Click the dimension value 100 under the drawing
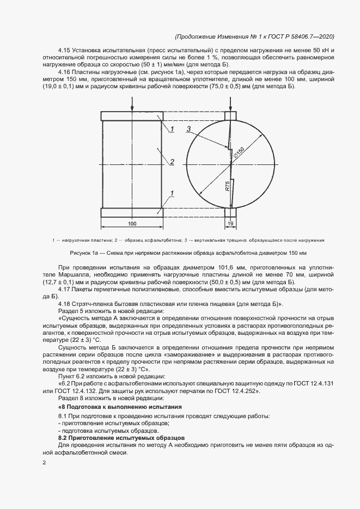(x=132, y=224)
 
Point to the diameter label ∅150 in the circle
(x=239, y=154)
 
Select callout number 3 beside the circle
(x=188, y=129)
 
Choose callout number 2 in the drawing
(x=172, y=162)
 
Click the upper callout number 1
(x=172, y=129)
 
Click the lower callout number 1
(x=172, y=193)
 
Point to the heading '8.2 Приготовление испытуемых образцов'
(x=121, y=438)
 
